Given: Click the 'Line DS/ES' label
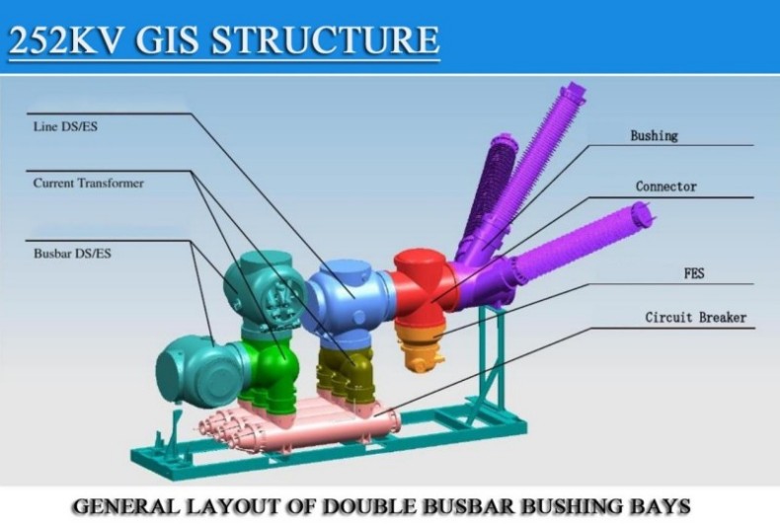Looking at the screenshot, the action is (65, 126).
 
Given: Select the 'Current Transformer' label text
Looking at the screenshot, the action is (89, 183).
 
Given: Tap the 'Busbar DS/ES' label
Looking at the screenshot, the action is (72, 254).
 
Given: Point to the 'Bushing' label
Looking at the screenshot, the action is (655, 136).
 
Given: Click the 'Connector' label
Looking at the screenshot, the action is (666, 187).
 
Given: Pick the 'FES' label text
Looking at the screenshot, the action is (694, 273).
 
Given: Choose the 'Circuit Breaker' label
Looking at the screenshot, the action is (695, 317).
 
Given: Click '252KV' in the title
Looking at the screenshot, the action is (65, 39).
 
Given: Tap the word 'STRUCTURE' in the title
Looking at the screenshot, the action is (326, 39).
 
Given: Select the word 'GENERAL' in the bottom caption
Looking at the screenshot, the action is (125, 506).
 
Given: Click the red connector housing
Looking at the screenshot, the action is (424, 288).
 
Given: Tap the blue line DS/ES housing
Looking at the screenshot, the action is (349, 298).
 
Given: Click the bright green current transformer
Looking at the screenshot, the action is (269, 370).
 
